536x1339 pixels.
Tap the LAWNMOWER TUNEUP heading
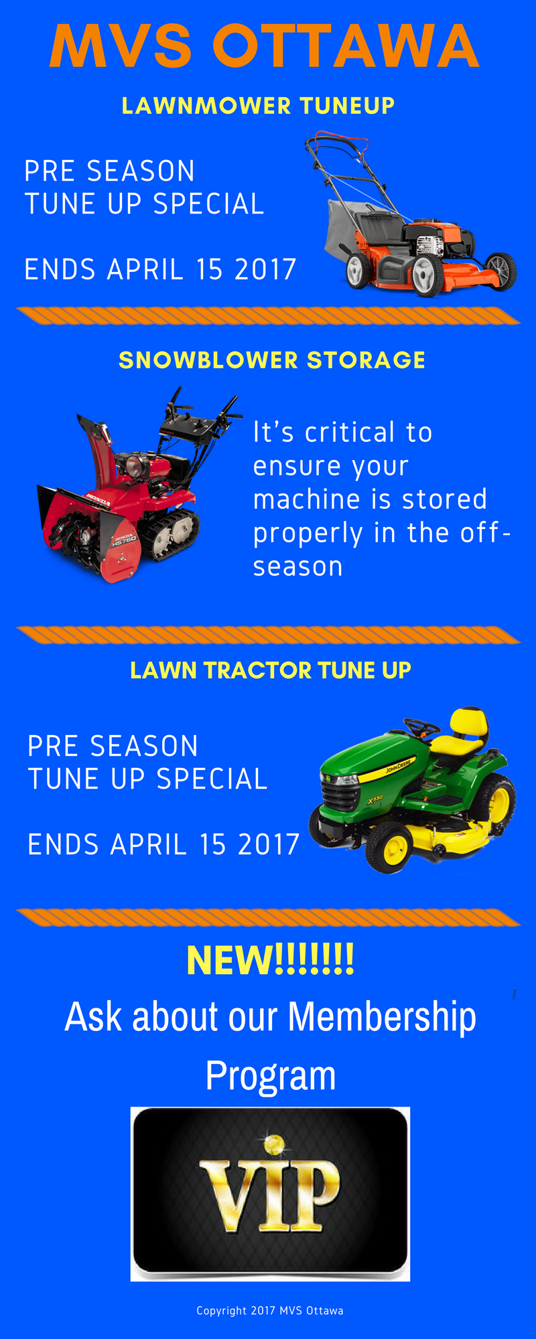point(258,106)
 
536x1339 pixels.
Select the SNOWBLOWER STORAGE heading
point(272,360)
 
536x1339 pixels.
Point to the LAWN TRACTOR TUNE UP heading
point(271,670)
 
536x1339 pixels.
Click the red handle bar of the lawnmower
point(335,142)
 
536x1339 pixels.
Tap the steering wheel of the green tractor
point(421,726)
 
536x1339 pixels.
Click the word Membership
point(382,1017)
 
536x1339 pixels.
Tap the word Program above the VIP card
point(271,1075)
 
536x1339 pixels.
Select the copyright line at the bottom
point(270,1310)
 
